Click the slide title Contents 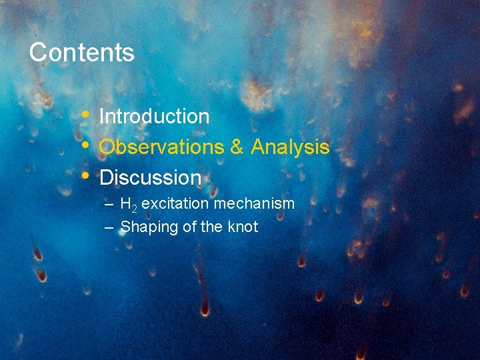click(81, 52)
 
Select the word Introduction click(154, 117)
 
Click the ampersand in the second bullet click(237, 147)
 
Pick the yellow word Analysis click(290, 147)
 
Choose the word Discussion click(150, 178)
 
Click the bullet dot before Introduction click(85, 115)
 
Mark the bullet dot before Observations click(85, 145)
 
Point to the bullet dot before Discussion click(85, 176)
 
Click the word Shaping click(149, 227)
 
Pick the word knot click(243, 227)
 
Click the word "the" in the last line click(211, 227)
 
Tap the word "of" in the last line click(189, 227)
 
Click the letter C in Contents click(38, 52)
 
